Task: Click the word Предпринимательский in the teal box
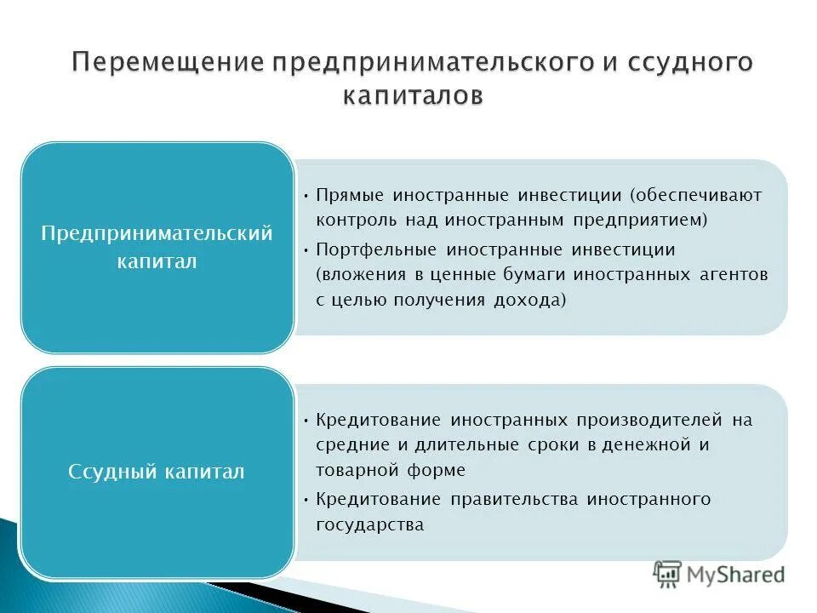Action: [157, 233]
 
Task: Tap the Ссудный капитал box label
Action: [157, 471]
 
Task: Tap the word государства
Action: [369, 524]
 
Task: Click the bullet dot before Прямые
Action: [306, 195]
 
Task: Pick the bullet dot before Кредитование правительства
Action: [306, 499]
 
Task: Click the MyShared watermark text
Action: [736, 575]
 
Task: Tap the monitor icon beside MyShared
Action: [668, 575]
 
